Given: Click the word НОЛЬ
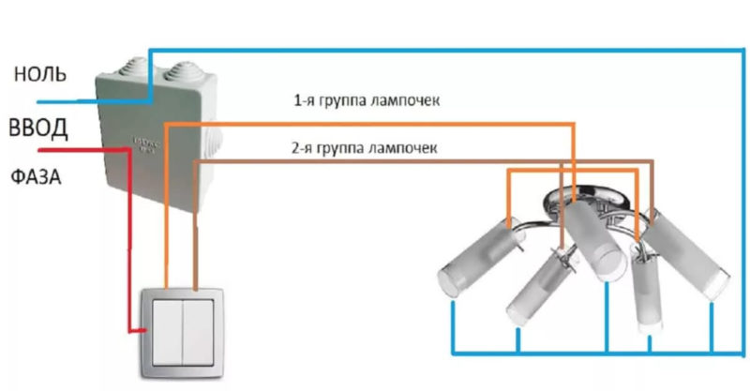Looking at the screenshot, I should point(39,74).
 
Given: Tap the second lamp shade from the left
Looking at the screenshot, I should point(534,285).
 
